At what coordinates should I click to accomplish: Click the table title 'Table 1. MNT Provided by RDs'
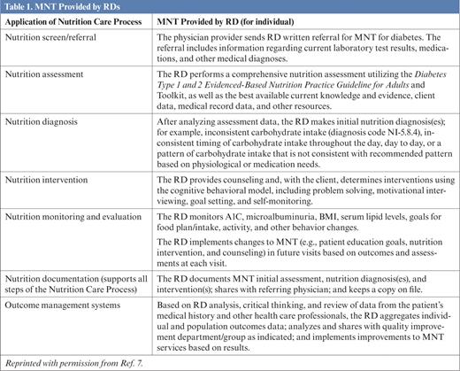coord(63,8)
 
